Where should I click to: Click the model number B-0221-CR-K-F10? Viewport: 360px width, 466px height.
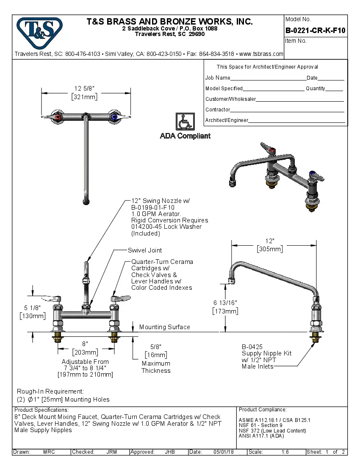point(315,31)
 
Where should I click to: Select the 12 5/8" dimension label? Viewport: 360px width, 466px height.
point(84,89)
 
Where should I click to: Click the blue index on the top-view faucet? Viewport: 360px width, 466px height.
point(114,116)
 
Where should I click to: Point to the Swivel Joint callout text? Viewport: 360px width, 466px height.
point(145,250)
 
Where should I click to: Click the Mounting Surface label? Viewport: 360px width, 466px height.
point(164,327)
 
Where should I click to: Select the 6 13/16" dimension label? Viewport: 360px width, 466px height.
point(225,302)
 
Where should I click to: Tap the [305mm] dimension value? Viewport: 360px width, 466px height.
point(270,249)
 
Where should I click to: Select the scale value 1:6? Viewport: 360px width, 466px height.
point(285,452)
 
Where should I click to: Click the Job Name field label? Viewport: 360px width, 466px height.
point(218,78)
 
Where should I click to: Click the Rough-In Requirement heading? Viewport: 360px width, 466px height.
point(50,391)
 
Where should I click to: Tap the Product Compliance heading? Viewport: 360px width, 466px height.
point(263,410)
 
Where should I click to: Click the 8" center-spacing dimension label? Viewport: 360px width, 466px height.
point(85,344)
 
